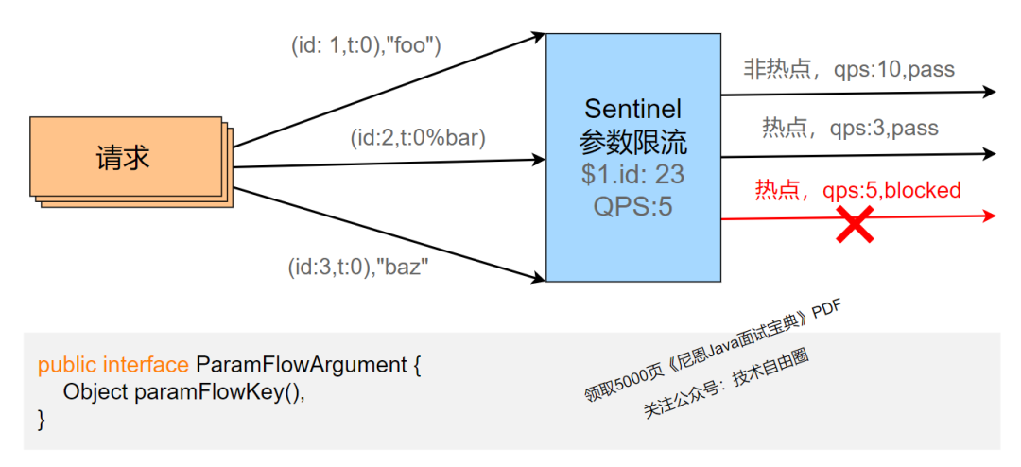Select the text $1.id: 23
(632, 174)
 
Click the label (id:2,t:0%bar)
(417, 138)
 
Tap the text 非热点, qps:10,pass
(849, 69)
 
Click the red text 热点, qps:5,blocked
(857, 190)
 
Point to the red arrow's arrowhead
(989, 216)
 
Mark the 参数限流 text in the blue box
(632, 142)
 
